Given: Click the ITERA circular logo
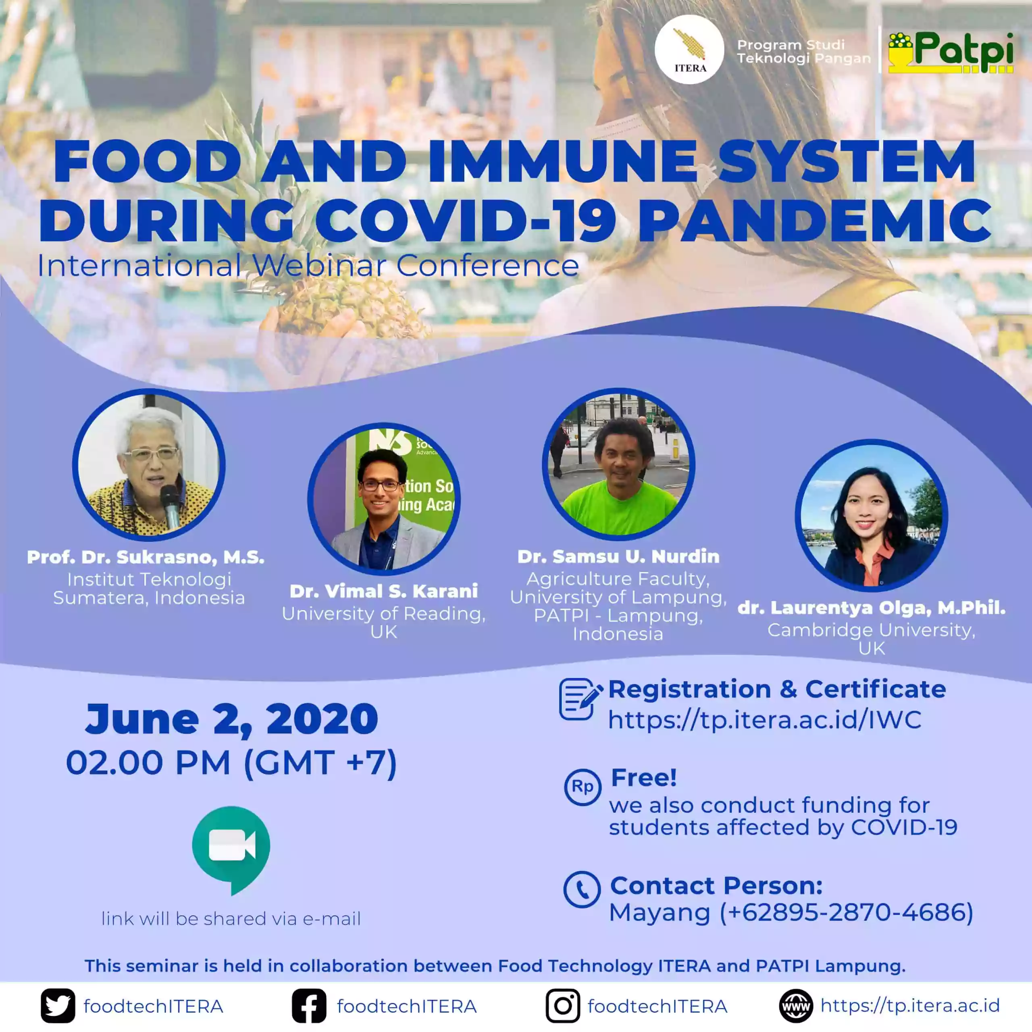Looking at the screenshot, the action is click(x=689, y=49).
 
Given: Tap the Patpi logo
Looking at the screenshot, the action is click(x=951, y=52).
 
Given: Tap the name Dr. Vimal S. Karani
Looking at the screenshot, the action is click(x=383, y=591).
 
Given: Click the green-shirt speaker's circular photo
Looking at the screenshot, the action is click(x=618, y=464).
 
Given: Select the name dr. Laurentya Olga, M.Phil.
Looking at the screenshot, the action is click(x=871, y=608).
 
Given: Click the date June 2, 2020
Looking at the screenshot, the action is click(x=232, y=719).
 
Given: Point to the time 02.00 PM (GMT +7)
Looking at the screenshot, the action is click(x=231, y=762).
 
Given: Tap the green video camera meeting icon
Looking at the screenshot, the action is click(x=231, y=850).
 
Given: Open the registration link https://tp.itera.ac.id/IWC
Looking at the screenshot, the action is click(x=764, y=720).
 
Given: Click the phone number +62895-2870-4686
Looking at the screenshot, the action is click(x=846, y=912).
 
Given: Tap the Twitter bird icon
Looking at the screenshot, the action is click(x=58, y=1006).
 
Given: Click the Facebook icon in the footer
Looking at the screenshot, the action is click(x=309, y=1006).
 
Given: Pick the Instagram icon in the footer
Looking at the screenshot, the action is click(x=562, y=1006).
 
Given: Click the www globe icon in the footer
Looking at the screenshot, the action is click(x=796, y=1006).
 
